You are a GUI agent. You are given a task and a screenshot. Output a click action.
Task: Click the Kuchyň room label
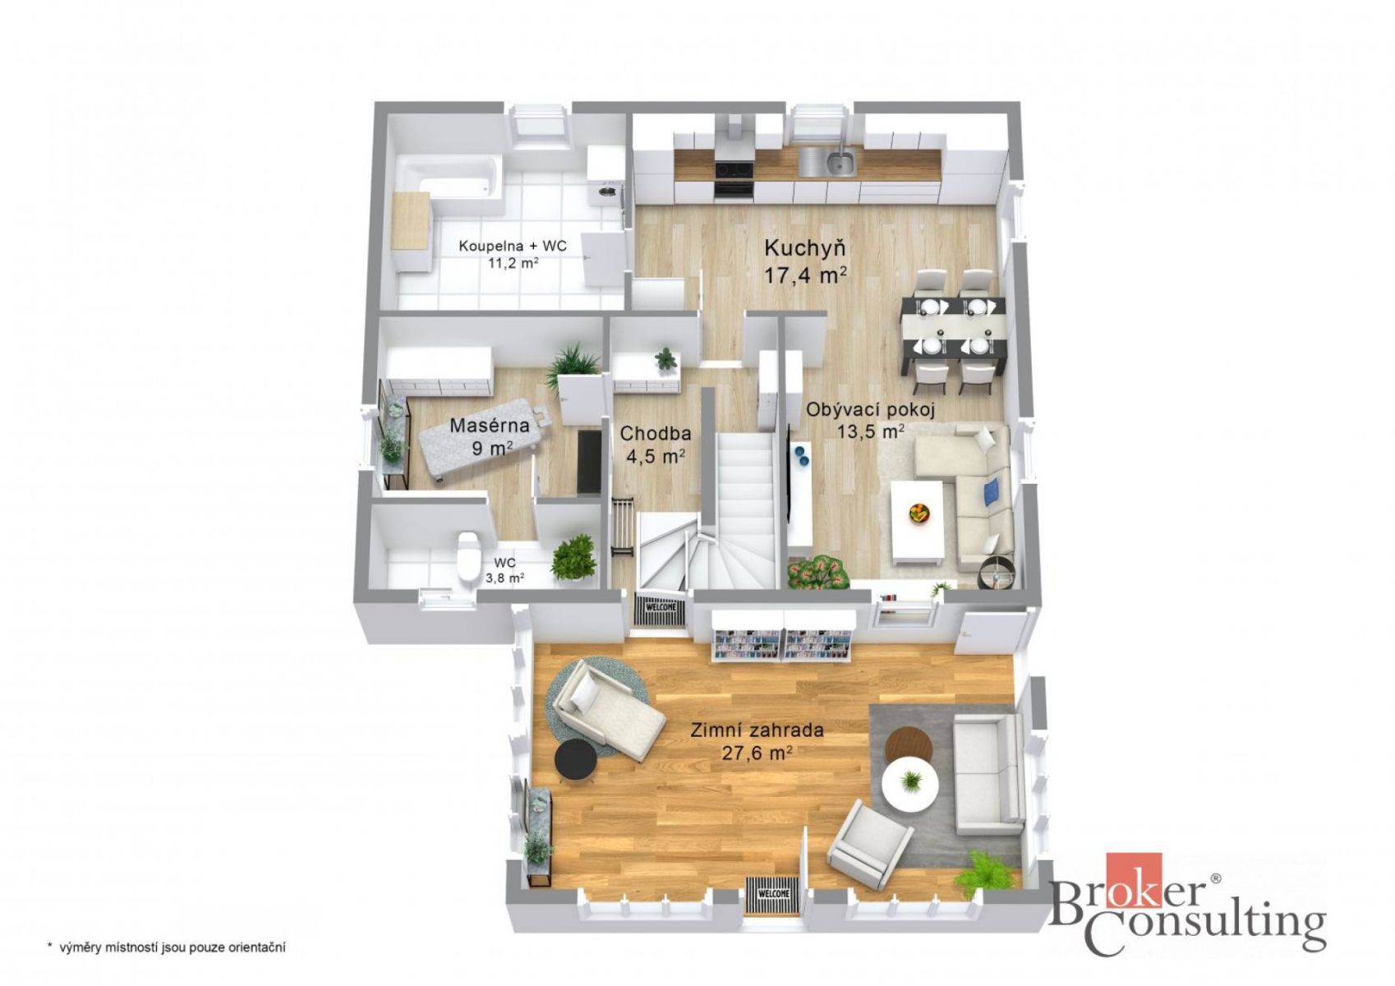[x=804, y=248]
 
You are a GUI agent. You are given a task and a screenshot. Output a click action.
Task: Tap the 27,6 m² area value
[x=757, y=753]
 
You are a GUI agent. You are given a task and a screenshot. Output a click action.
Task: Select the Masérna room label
[x=490, y=426]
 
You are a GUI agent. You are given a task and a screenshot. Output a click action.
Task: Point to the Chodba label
[x=655, y=433]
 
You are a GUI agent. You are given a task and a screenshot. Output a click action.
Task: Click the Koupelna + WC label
[x=513, y=246]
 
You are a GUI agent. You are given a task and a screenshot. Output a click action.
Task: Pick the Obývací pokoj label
[x=871, y=409]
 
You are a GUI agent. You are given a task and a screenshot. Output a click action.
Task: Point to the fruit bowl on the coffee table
[x=918, y=514]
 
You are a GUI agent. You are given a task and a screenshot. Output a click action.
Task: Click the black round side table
[x=575, y=760]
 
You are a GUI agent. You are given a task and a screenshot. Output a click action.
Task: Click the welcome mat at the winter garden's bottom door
[x=773, y=893]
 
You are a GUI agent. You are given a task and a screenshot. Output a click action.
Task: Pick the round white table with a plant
[x=909, y=784]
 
